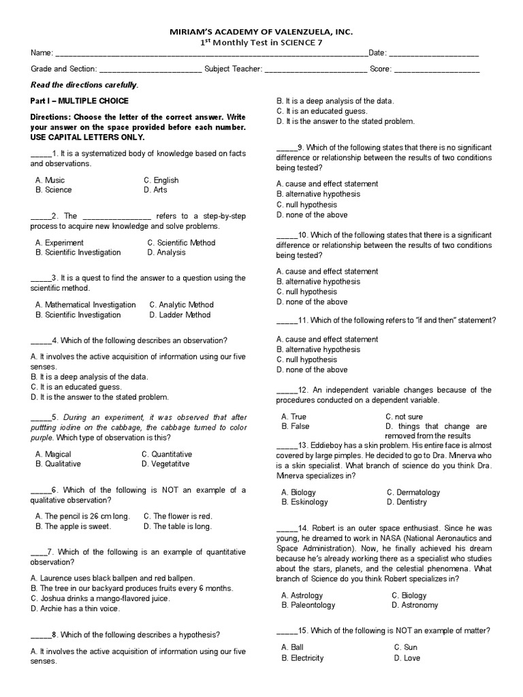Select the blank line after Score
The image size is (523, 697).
pos(437,69)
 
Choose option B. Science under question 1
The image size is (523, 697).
pos(54,191)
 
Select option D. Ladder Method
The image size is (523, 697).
pos(180,315)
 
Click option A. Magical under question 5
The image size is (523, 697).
pos(53,454)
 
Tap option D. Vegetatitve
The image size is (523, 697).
pos(165,464)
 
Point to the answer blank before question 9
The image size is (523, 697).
pos(286,148)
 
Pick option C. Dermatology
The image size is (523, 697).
pos(413,492)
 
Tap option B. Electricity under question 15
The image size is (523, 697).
pos(302,658)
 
